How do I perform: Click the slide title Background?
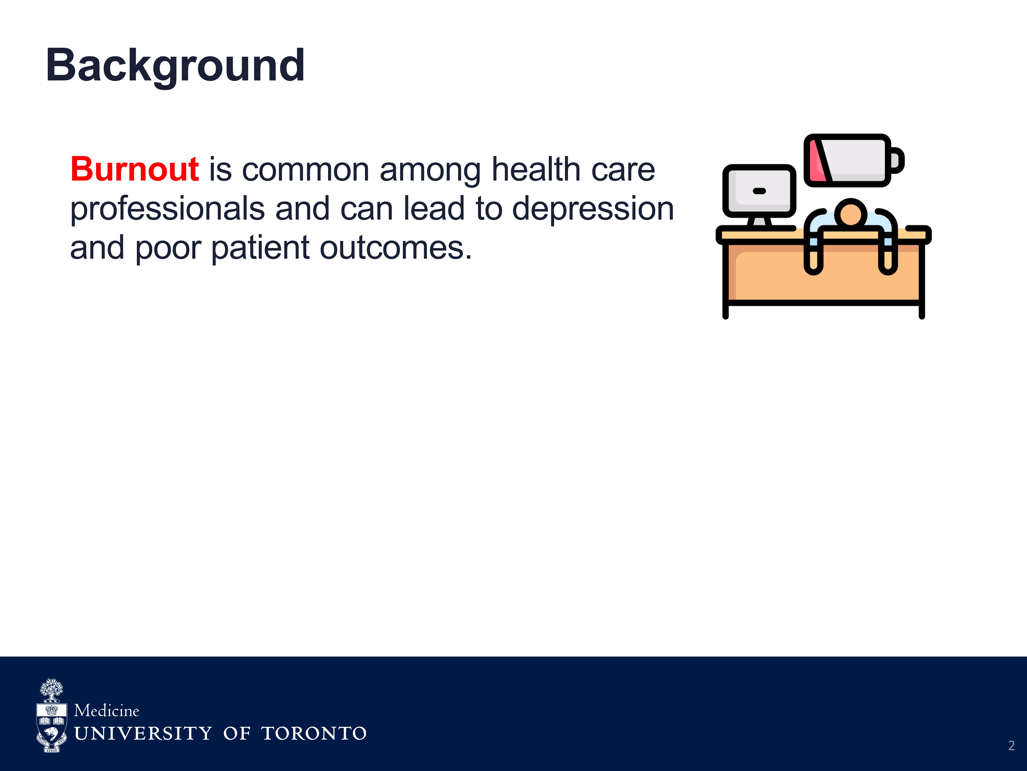point(175,66)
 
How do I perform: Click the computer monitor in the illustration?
point(759,195)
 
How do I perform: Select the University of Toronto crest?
point(52,716)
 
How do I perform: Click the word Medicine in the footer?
point(107,711)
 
